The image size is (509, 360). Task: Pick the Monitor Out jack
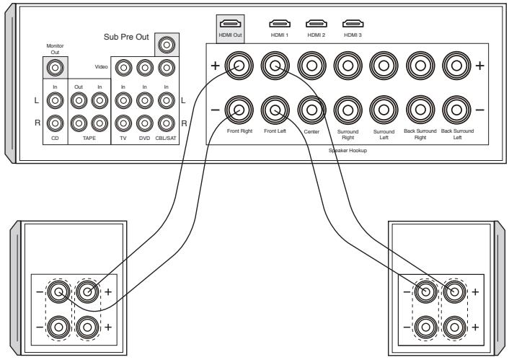tap(53, 69)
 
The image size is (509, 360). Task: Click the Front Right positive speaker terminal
tap(239, 67)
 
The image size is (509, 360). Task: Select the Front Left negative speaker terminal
tap(275, 110)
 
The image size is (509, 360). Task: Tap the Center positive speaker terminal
tap(311, 67)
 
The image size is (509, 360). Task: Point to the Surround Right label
tap(348, 135)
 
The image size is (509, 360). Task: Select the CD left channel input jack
tap(53, 100)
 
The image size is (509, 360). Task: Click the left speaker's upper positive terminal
tap(87, 293)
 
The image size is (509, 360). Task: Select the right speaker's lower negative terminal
tap(423, 325)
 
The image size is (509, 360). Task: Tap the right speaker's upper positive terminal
tap(454, 293)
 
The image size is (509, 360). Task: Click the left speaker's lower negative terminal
tap(57, 325)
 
